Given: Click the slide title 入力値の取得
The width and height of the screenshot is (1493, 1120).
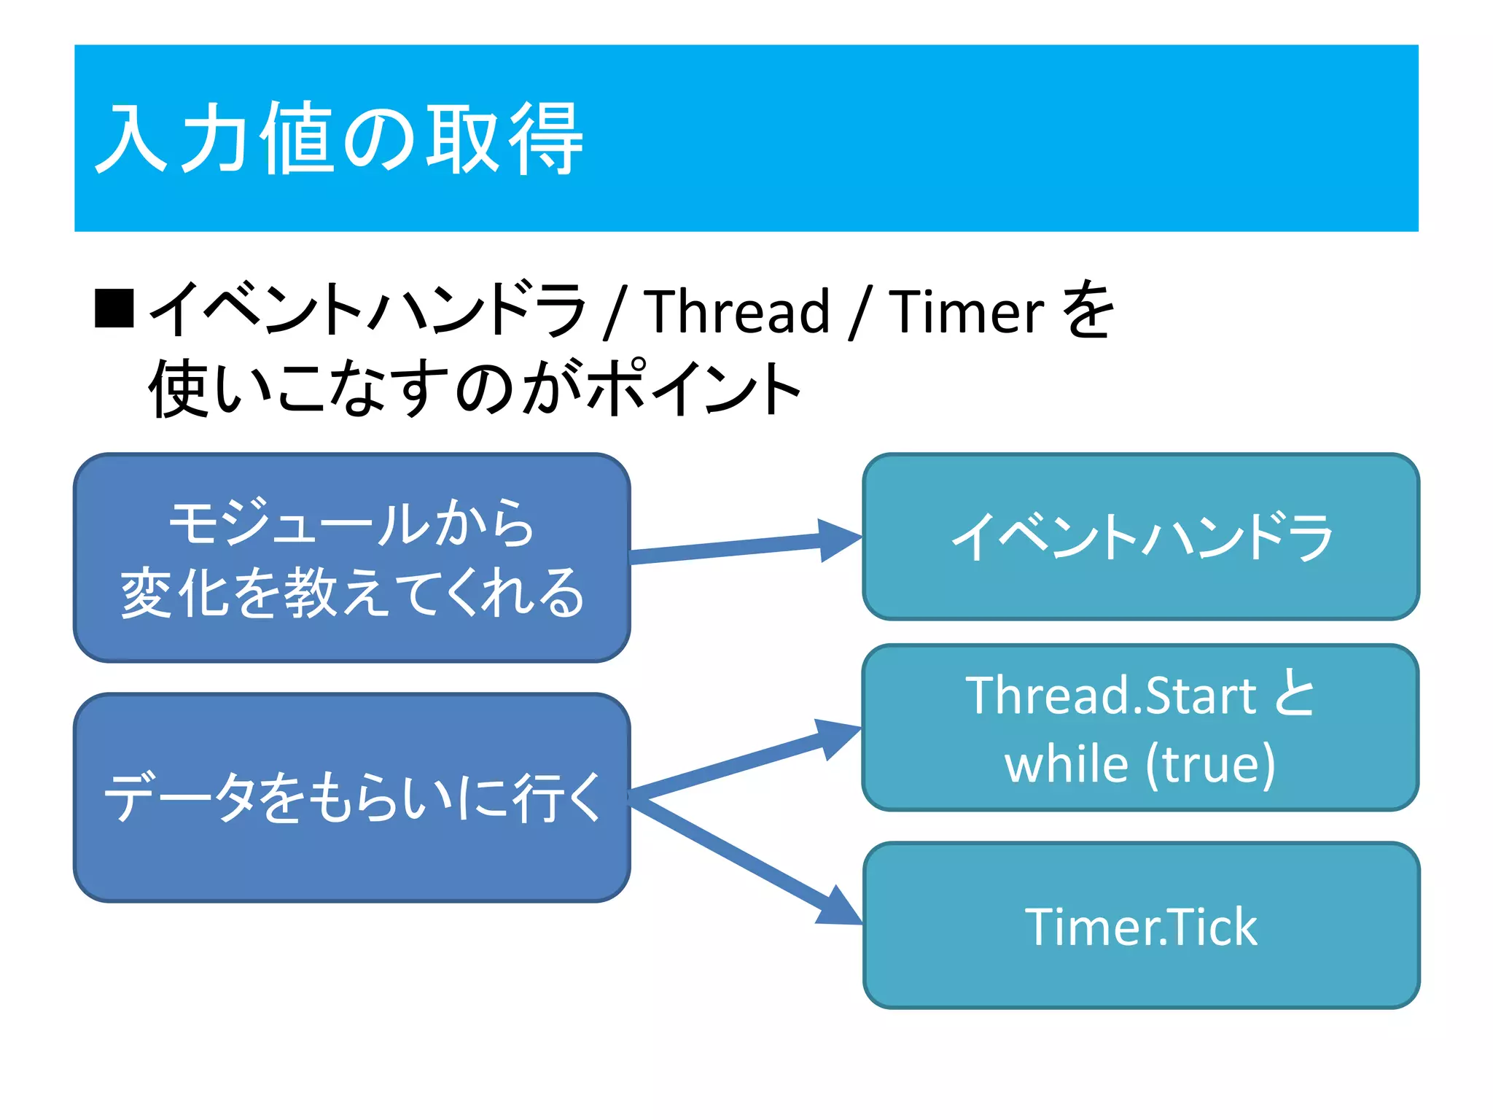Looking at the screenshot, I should click(340, 139).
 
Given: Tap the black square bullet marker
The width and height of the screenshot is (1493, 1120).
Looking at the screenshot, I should click(114, 308).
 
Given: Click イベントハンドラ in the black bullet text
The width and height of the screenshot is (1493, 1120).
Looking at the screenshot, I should click(368, 310).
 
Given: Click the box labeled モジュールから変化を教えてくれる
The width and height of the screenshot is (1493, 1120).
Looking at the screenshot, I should click(352, 558).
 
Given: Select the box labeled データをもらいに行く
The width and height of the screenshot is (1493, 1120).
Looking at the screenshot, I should click(352, 797).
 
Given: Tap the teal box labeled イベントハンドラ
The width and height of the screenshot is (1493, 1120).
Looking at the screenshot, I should click(1141, 537).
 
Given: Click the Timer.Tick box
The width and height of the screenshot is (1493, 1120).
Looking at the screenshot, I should click(1141, 926).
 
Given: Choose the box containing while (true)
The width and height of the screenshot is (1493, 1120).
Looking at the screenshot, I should click(1141, 728).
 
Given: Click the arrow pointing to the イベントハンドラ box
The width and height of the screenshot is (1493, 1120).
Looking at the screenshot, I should click(744, 547).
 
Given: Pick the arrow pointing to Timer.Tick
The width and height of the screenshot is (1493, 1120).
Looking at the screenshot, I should click(744, 860).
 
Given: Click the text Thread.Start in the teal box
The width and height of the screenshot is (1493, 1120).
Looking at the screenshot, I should click(1110, 695).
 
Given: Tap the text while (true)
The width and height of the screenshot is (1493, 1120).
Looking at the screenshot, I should click(1139, 764).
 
